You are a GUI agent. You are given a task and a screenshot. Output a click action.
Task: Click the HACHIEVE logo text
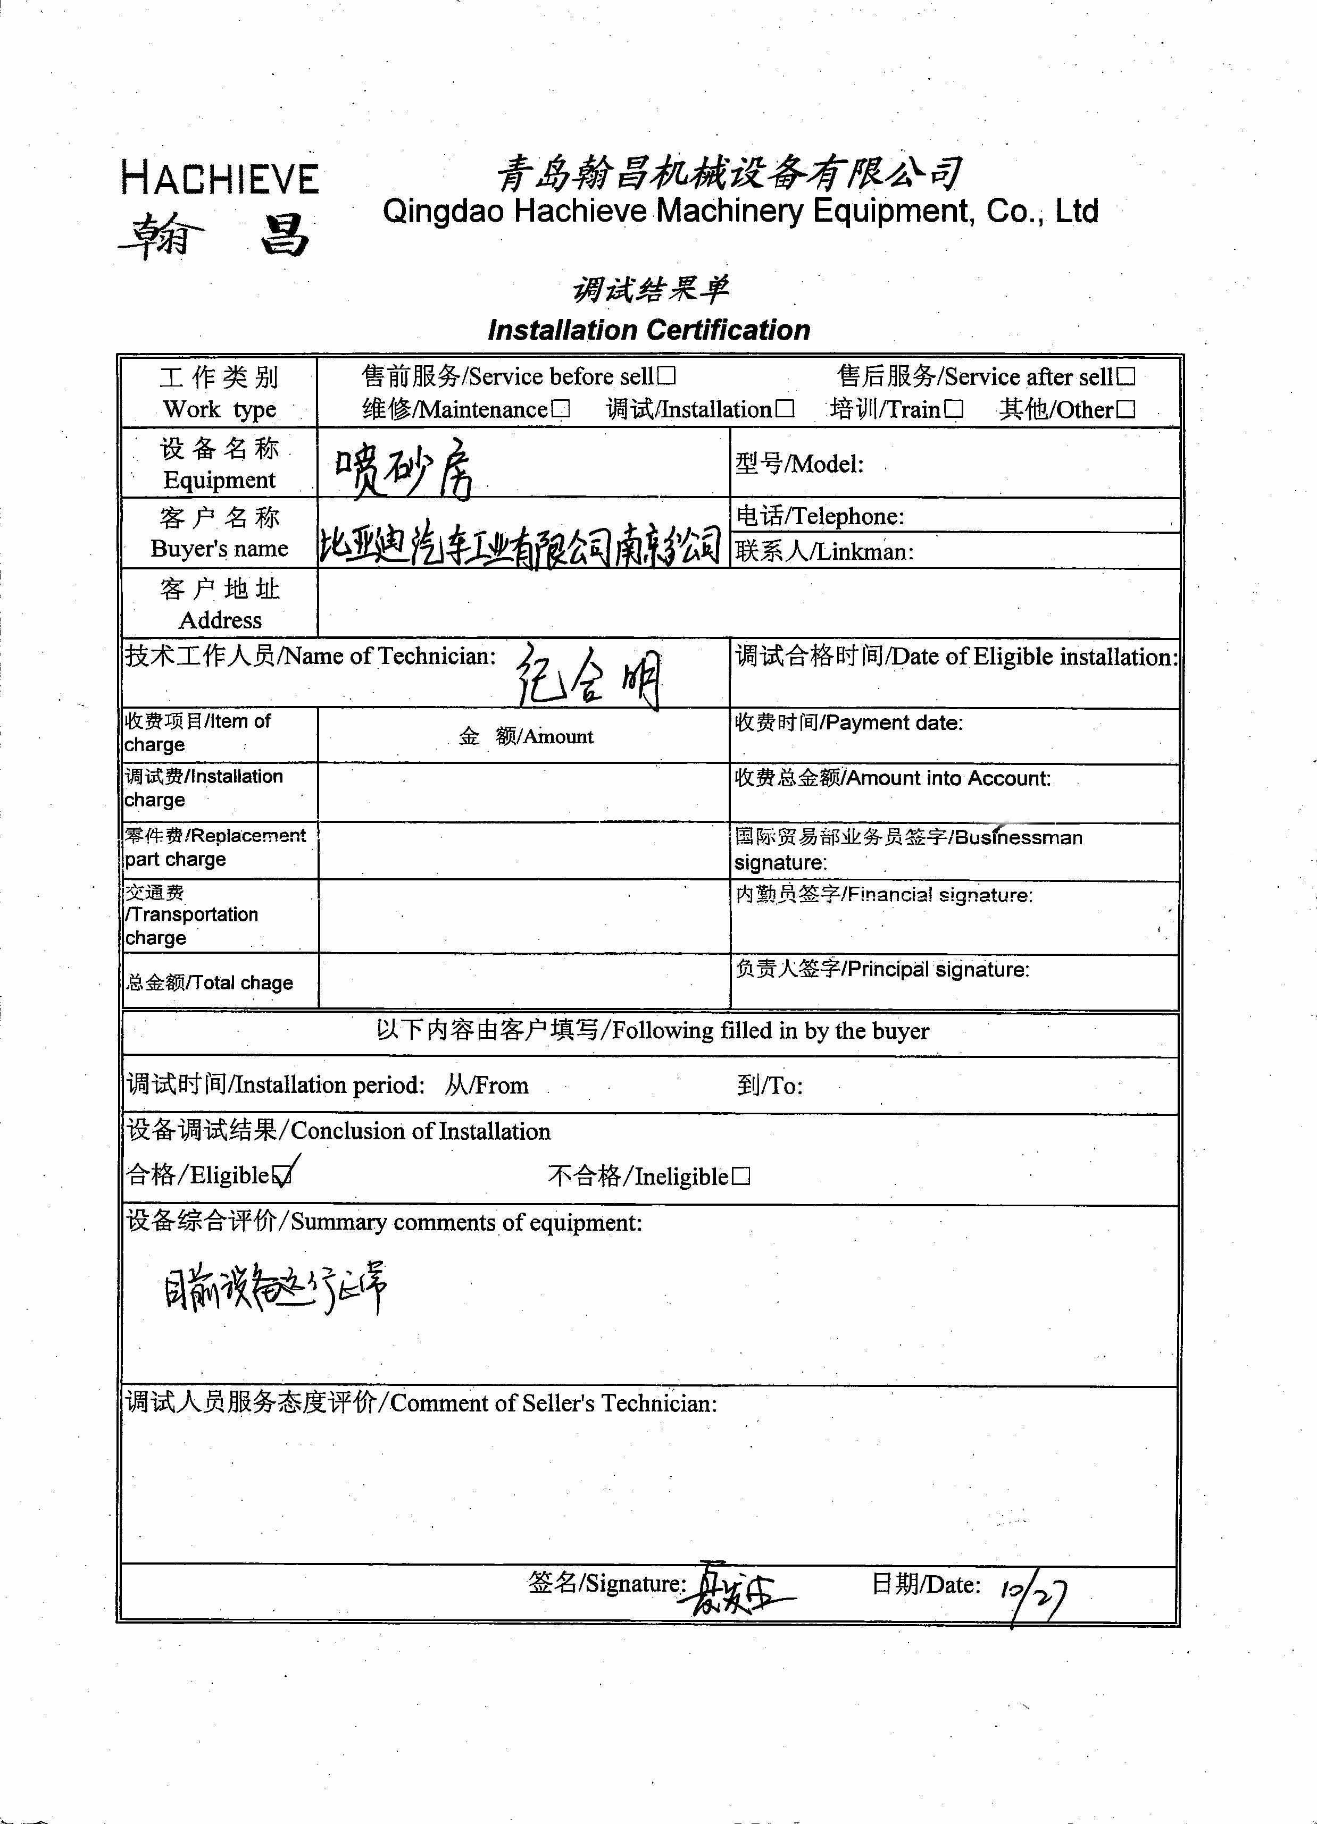click(x=220, y=179)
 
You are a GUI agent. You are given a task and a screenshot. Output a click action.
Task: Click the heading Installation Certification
click(x=648, y=330)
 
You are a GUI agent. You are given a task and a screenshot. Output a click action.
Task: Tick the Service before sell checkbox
click(x=666, y=376)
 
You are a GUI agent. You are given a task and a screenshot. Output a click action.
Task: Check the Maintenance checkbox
click(x=561, y=409)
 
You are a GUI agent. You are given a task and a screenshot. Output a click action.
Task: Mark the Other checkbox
click(x=1127, y=409)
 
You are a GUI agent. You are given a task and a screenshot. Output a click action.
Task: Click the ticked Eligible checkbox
click(x=282, y=1176)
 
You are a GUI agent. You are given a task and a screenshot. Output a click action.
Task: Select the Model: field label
click(x=799, y=464)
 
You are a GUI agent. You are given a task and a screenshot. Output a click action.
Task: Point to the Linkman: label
click(x=824, y=552)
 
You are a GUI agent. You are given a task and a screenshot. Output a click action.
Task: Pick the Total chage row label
click(x=209, y=983)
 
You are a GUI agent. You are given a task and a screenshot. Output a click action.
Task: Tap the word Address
click(x=220, y=620)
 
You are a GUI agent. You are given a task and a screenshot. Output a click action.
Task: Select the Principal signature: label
click(x=882, y=969)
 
